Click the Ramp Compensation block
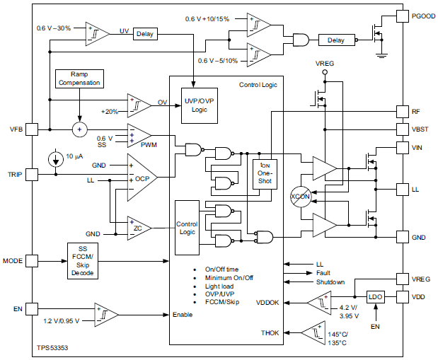pos(79,79)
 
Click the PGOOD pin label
pos(422,15)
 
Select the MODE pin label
pos(14,261)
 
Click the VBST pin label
pos(420,129)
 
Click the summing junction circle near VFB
pos(79,129)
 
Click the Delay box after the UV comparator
pos(145,33)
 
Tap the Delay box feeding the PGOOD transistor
pos(335,40)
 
